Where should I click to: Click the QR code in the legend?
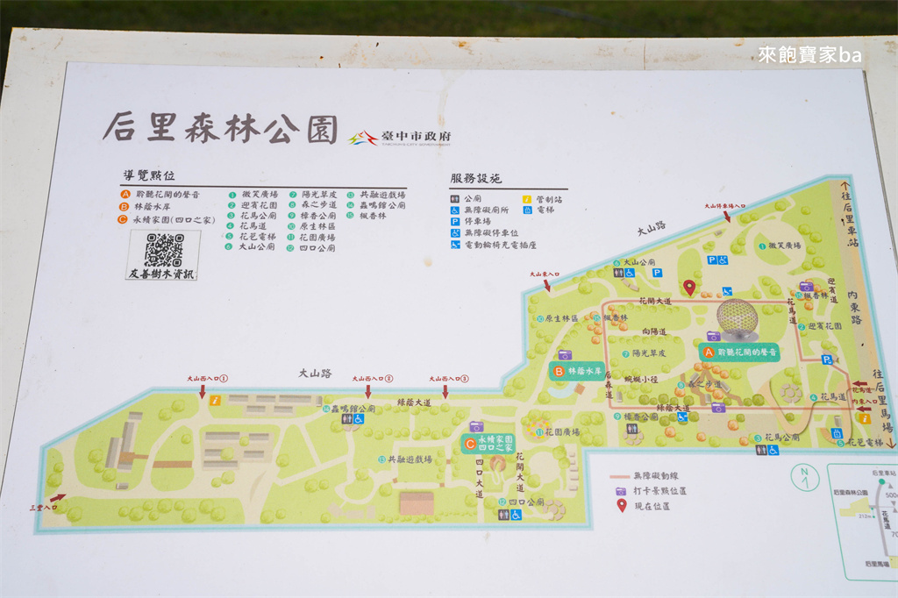(x=163, y=250)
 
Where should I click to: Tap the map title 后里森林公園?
(x=220, y=127)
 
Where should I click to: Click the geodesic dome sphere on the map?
(x=737, y=319)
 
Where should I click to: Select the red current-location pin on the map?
(x=689, y=287)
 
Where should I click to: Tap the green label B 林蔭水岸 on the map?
(x=580, y=371)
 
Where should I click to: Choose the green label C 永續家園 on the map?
(x=488, y=444)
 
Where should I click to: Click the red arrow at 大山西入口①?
(x=203, y=392)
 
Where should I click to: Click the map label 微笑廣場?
(x=781, y=246)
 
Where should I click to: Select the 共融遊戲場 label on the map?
(x=406, y=459)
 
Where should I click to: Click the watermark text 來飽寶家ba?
(x=809, y=55)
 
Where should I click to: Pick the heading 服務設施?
(x=476, y=178)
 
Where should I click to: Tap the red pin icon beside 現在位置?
(x=622, y=504)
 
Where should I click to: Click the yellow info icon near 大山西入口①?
(x=215, y=400)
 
